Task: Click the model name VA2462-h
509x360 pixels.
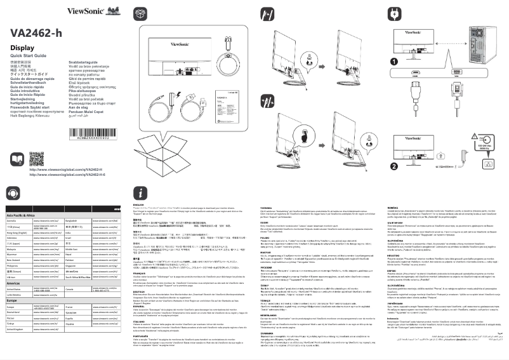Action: tap(37, 32)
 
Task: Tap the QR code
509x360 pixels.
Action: tap(36, 159)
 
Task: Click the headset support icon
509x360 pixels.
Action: tap(13, 193)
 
